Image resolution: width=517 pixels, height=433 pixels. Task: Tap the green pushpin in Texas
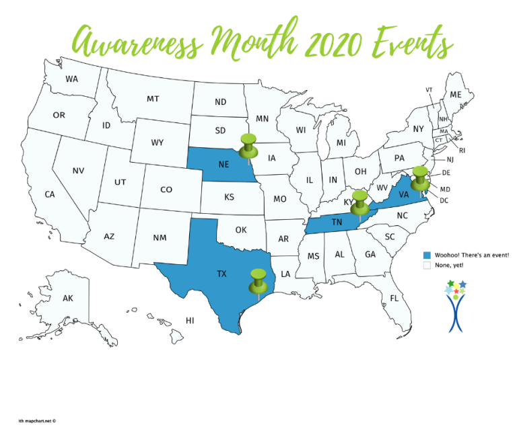point(258,280)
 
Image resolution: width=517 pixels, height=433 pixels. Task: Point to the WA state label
point(71,79)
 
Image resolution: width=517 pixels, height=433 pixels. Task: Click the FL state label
point(394,298)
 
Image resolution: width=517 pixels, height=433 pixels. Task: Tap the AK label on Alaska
point(67,298)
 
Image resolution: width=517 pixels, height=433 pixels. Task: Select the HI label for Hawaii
point(191,321)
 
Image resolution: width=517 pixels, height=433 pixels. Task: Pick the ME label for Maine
point(456,95)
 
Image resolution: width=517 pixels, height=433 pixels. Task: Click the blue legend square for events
point(426,255)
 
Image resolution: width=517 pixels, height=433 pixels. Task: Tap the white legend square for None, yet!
point(426,266)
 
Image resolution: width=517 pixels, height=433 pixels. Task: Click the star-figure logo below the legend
point(456,306)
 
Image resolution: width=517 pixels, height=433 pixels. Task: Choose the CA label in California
point(50,194)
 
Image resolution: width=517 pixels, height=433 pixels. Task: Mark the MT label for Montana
point(153,99)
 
